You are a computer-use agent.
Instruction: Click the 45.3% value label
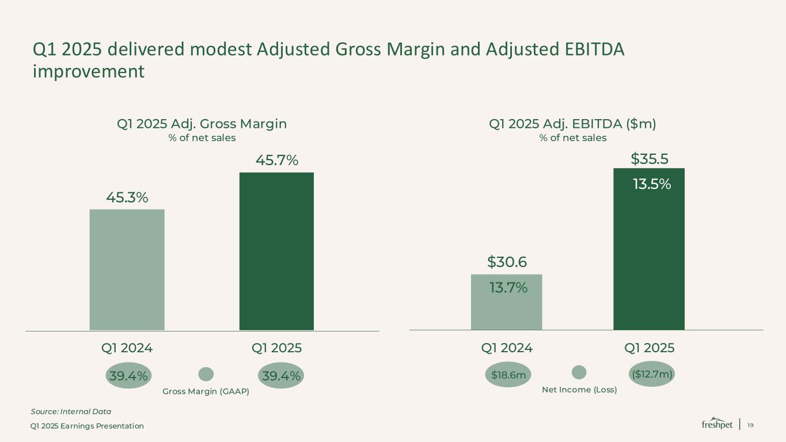[x=127, y=197]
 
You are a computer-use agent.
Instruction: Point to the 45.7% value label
[x=277, y=161]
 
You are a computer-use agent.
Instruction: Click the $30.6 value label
[x=507, y=262]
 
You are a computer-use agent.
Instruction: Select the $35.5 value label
[x=650, y=158]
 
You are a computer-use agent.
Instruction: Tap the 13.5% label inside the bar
[x=652, y=184]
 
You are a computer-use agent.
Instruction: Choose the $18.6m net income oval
[x=508, y=375]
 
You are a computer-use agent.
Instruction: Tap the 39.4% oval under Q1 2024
[x=127, y=376]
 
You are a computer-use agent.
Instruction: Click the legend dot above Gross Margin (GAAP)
[x=206, y=374]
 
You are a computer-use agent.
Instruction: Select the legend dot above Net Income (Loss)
[x=579, y=372]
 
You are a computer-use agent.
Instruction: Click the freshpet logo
[x=717, y=424]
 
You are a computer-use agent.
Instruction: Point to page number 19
[x=750, y=425]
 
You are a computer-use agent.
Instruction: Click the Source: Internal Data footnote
[x=70, y=411]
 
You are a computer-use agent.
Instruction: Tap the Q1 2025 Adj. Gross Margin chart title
[x=202, y=124]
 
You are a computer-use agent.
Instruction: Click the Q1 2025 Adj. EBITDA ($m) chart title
[x=572, y=124]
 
